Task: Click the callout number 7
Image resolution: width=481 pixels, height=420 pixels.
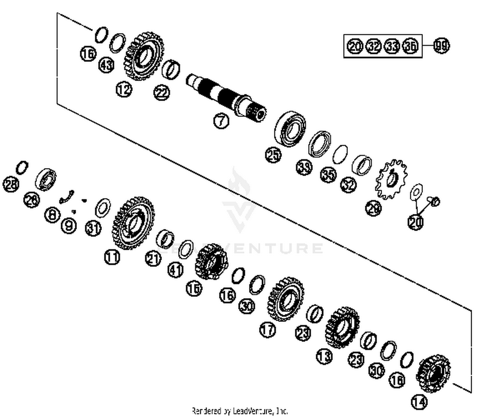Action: pyautogui.click(x=221, y=121)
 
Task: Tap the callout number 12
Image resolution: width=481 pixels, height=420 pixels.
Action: pyautogui.click(x=124, y=89)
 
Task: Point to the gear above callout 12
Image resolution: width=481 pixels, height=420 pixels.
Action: pyautogui.click(x=145, y=56)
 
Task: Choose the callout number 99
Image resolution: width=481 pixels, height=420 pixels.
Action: pyautogui.click(x=442, y=46)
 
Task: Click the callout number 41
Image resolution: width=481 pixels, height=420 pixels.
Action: pyautogui.click(x=176, y=270)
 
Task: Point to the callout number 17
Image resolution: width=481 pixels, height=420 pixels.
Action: pyautogui.click(x=268, y=330)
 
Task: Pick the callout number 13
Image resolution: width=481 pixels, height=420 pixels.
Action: pyautogui.click(x=324, y=356)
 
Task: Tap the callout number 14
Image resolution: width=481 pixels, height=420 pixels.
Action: pyautogui.click(x=419, y=402)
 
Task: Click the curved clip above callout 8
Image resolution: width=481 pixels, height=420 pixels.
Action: pyautogui.click(x=67, y=197)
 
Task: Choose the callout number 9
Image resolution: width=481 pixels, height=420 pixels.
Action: pyautogui.click(x=69, y=226)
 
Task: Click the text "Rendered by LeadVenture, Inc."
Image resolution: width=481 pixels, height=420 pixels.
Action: pyautogui.click(x=240, y=411)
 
